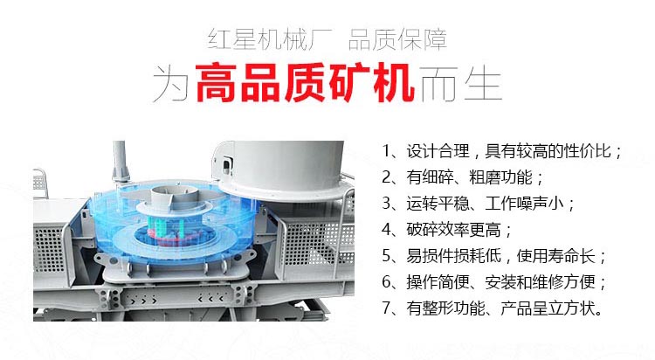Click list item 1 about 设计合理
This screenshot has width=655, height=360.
tap(503, 151)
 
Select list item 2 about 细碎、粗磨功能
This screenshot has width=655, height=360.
tap(463, 177)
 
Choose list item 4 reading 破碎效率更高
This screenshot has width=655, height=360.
tap(447, 230)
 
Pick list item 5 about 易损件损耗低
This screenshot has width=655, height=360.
tap(494, 256)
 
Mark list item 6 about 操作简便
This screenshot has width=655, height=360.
tap(494, 282)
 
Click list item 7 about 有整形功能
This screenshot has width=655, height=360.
tap(493, 308)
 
